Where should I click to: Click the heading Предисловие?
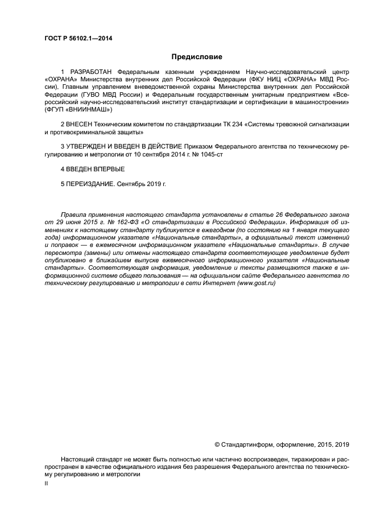197,57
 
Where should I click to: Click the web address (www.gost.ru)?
255,283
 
